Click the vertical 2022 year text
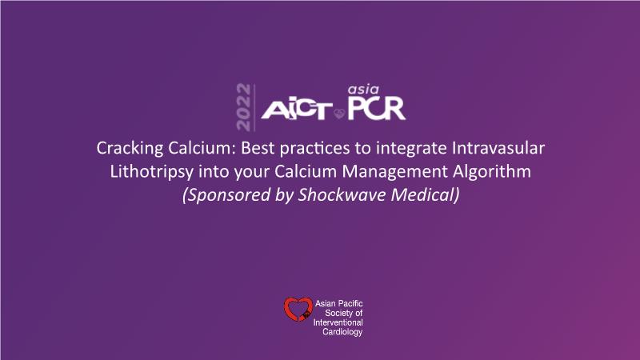[x=243, y=107]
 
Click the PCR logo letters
[x=376, y=108]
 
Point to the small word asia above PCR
[x=363, y=90]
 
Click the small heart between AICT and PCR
[x=339, y=114]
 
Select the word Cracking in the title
[x=130, y=149]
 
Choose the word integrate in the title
[x=411, y=149]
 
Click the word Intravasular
[x=498, y=148]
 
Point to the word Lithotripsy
[x=151, y=172]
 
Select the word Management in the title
[x=394, y=172]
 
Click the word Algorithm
[x=491, y=172]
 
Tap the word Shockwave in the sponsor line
[x=342, y=194]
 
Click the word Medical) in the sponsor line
[x=425, y=195]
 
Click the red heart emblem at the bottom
[x=298, y=309]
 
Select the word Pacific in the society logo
[x=350, y=303]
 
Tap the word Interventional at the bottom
[x=338, y=322]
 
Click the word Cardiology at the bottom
[x=342, y=332]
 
